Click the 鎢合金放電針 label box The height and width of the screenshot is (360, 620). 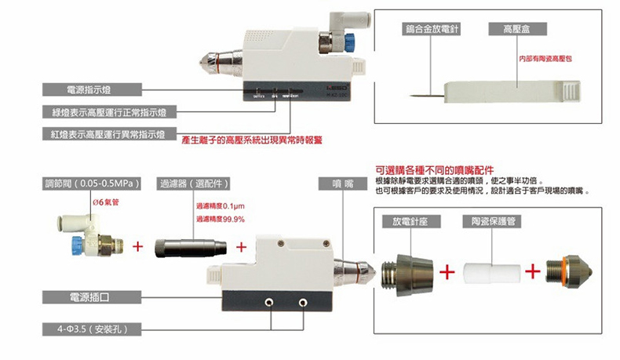(431, 29)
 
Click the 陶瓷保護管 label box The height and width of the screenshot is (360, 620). (494, 220)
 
